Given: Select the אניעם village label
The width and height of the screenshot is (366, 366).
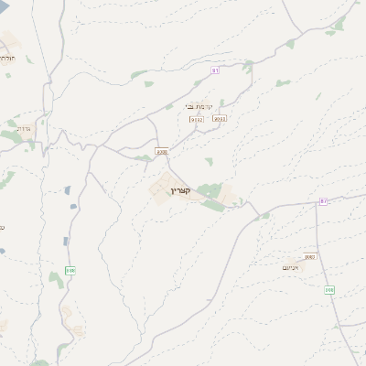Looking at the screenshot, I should [x=292, y=266].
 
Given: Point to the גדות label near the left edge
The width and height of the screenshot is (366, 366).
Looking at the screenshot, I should [x=24, y=128].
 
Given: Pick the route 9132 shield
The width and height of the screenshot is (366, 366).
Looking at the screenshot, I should [x=197, y=119].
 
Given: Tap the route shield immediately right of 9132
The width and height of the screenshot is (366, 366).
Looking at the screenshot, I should [x=219, y=118].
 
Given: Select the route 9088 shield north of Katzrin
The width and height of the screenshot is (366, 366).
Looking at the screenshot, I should [x=162, y=152].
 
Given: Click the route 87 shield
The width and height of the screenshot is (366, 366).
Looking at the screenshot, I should [x=323, y=200].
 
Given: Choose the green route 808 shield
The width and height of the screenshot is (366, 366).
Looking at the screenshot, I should [x=328, y=289].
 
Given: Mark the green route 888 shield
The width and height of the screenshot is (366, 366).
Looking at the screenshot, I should [x=70, y=270].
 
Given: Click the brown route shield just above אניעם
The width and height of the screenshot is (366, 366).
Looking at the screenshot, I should [x=309, y=257].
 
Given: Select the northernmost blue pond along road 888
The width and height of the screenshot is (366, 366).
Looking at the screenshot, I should [x=67, y=190].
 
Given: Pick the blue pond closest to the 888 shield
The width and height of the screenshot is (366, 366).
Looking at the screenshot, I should [x=65, y=242].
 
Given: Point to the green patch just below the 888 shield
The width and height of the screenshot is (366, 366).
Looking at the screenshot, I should [x=57, y=279].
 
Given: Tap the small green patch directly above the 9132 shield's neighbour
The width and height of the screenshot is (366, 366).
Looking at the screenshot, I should [x=221, y=106].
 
